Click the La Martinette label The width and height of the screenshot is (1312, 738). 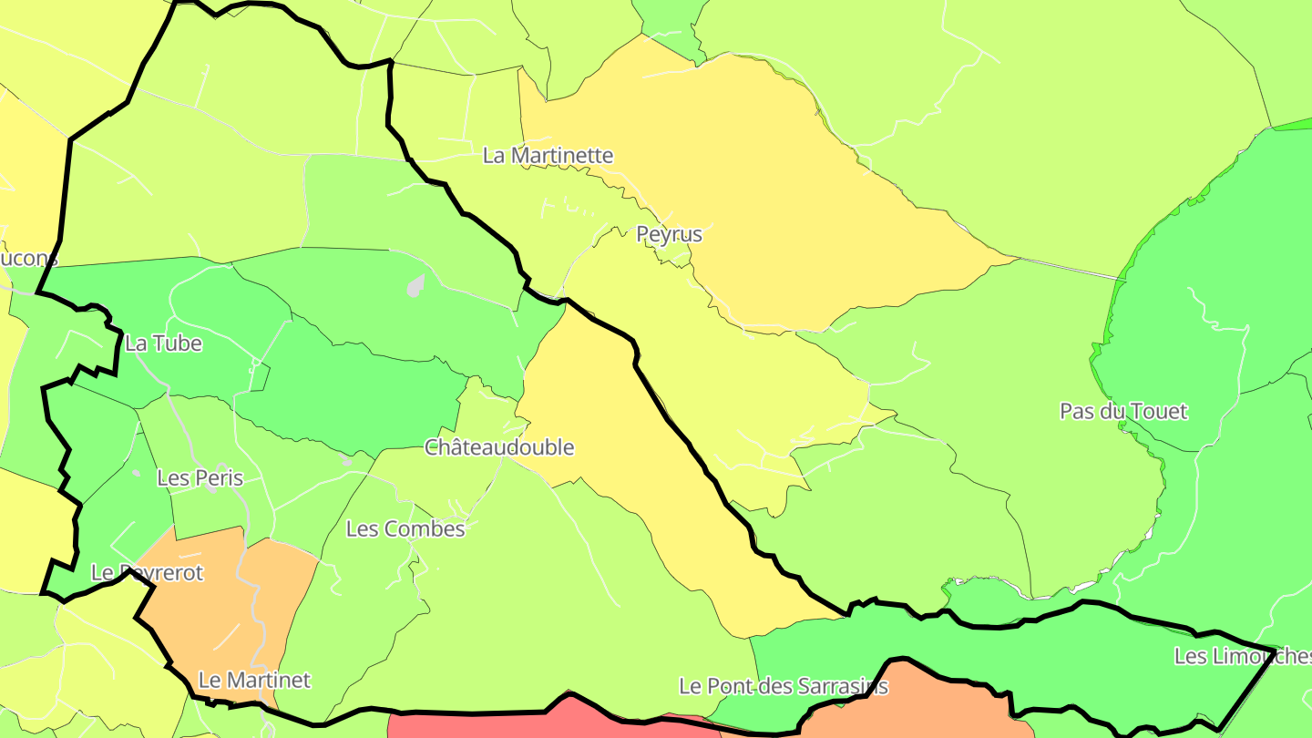pyautogui.click(x=548, y=156)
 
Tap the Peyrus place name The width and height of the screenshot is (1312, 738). pyautogui.click(x=669, y=234)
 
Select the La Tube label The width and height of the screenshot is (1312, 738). pyautogui.click(x=163, y=343)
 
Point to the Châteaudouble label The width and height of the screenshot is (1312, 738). pyautogui.click(x=499, y=447)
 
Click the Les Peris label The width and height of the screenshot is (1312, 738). pyautogui.click(x=200, y=477)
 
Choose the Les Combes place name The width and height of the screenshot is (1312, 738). pyautogui.click(x=405, y=528)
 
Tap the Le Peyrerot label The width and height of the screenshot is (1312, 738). pyautogui.click(x=147, y=573)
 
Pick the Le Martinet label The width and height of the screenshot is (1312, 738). pyautogui.click(x=254, y=680)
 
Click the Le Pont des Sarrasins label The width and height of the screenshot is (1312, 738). pyautogui.click(x=784, y=686)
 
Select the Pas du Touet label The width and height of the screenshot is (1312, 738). pyautogui.click(x=1123, y=411)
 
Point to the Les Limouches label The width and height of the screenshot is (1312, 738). pyautogui.click(x=1242, y=656)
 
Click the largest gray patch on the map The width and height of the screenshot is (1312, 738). pyautogui.click(x=416, y=286)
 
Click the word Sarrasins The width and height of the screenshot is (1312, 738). pyautogui.click(x=845, y=686)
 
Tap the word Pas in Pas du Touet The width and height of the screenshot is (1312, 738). pyautogui.click(x=1076, y=411)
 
